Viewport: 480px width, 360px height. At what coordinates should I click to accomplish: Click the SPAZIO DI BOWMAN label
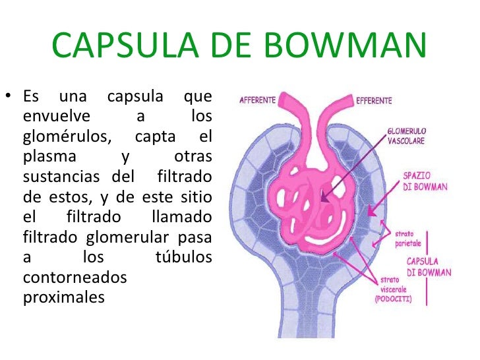tap(425, 181)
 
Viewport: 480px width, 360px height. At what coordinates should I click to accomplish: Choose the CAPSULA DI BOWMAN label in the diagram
tap(429, 267)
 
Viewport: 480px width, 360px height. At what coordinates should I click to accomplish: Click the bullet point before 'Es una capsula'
tap(7, 98)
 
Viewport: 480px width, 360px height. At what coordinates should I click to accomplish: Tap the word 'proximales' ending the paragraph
tap(63, 297)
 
